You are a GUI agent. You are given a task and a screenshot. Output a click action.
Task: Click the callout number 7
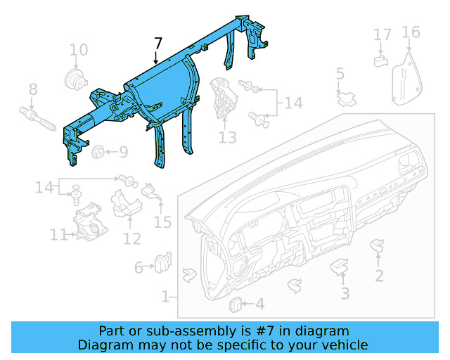(x=157, y=44)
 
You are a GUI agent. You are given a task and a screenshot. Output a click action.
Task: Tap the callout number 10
(x=79, y=50)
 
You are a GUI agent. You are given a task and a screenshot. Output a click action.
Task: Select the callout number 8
(x=32, y=89)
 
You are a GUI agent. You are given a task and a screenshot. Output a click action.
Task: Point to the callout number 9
(x=123, y=152)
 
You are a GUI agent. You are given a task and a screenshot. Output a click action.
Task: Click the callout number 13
(x=228, y=138)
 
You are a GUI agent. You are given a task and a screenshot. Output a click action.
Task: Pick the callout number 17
(x=382, y=34)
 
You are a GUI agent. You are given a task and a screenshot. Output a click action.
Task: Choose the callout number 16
(x=411, y=32)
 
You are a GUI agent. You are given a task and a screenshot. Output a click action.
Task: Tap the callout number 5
(x=340, y=74)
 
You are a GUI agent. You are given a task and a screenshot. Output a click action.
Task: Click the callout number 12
(x=132, y=238)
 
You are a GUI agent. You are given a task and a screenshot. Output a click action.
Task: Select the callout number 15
(x=162, y=222)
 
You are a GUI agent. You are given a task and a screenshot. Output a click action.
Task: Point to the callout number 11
(x=58, y=234)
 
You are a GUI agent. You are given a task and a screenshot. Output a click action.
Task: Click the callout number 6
(x=139, y=267)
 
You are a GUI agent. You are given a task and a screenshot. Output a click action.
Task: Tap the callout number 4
(x=259, y=304)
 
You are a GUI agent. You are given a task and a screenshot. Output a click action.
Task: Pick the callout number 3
(x=345, y=292)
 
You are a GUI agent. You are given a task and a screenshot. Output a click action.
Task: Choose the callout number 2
(x=379, y=276)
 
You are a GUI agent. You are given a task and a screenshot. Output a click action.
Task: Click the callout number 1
(x=165, y=297)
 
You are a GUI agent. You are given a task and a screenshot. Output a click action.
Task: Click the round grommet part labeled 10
(x=72, y=78)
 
